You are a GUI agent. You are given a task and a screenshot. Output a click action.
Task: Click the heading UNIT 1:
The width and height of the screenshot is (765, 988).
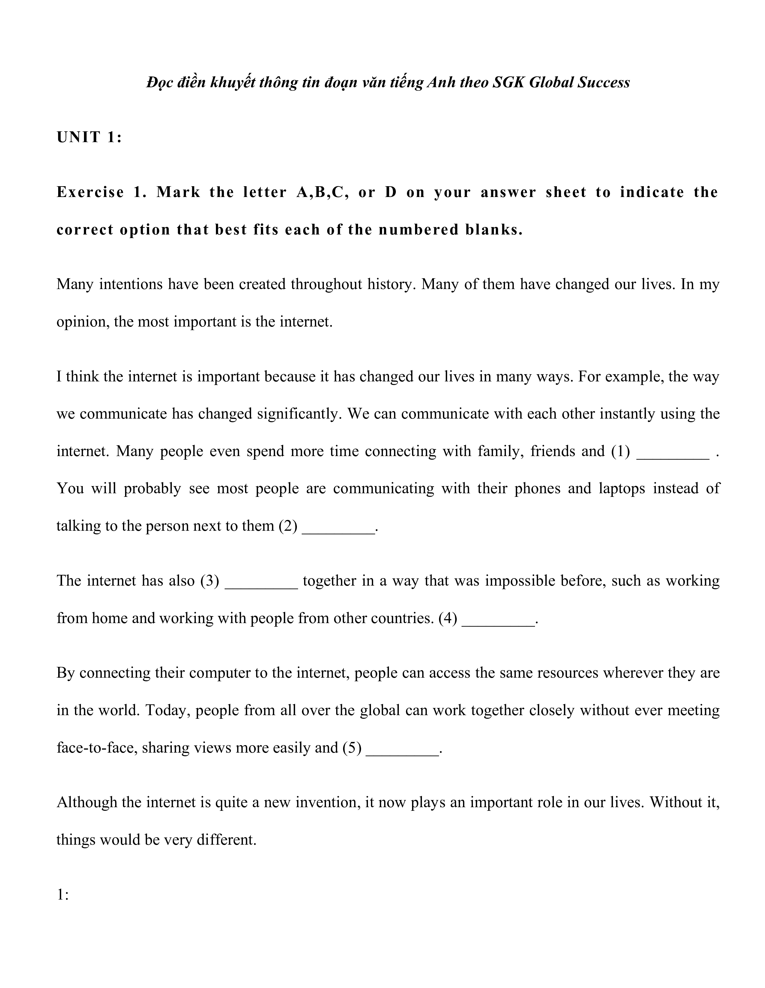[89, 137]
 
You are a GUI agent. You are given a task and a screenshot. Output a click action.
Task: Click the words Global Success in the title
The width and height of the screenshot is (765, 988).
[579, 82]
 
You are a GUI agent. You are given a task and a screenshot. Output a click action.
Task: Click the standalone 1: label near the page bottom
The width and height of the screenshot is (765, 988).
[62, 895]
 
